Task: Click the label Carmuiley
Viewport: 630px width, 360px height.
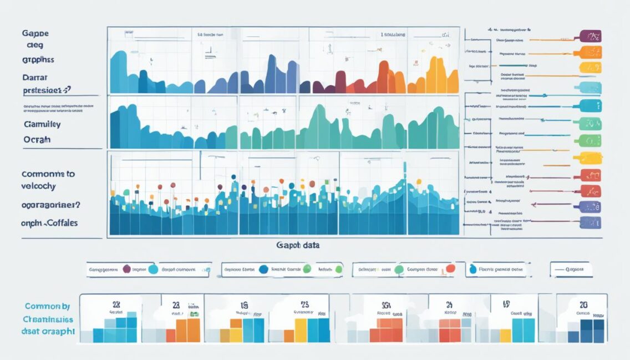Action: pos(42,125)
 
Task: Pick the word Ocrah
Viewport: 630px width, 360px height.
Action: pos(37,139)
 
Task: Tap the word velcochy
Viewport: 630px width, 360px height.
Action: pos(39,187)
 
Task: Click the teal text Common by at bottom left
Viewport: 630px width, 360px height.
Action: pos(47,306)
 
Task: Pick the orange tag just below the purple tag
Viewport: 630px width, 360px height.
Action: pos(590,53)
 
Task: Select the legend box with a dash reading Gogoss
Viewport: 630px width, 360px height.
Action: pos(571,270)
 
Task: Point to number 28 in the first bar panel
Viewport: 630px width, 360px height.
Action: pos(116,305)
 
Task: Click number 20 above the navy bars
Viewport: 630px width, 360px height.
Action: pos(583,305)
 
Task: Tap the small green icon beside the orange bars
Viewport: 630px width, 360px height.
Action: pos(193,314)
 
